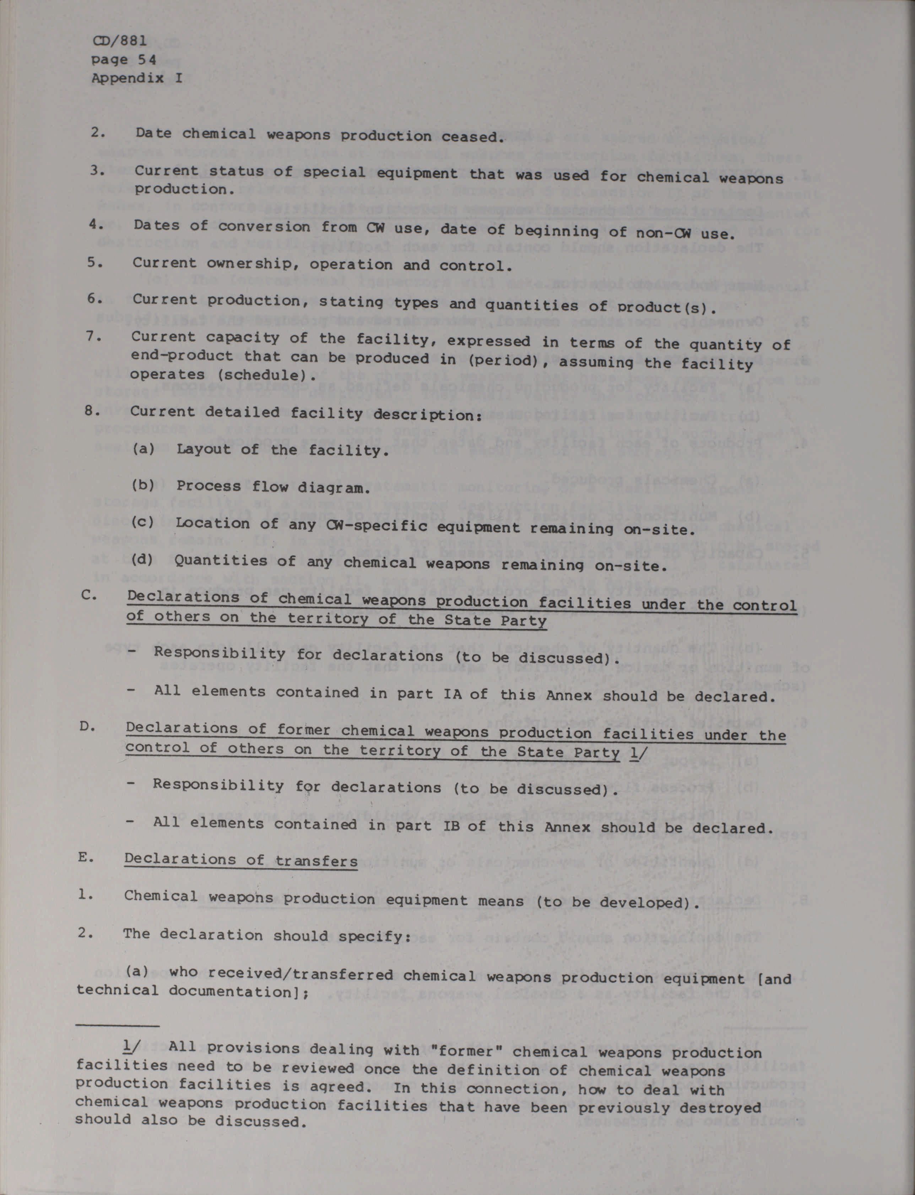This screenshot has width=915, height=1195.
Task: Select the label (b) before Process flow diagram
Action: click(143, 485)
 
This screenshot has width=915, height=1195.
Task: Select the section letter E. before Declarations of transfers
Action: click(86, 857)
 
